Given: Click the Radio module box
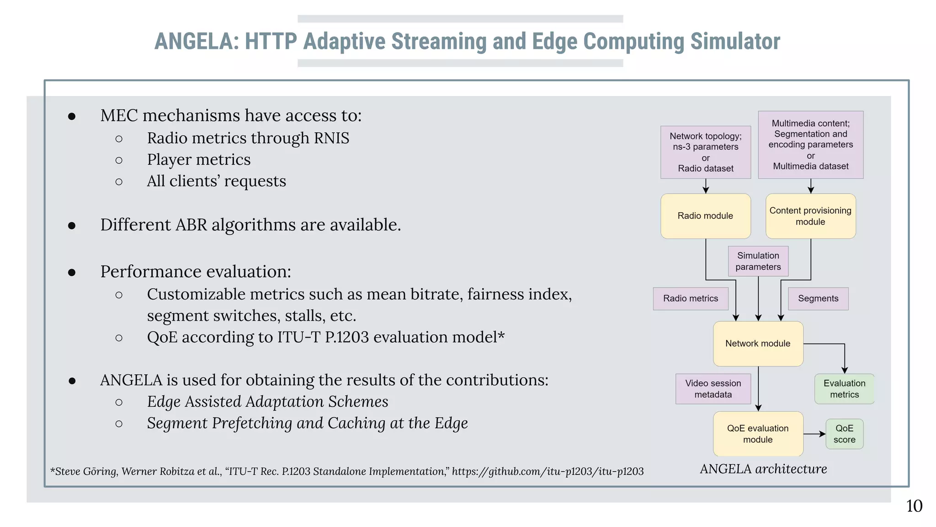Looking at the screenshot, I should (705, 216).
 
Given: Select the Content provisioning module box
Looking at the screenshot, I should (810, 216).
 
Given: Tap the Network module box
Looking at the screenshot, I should (758, 344).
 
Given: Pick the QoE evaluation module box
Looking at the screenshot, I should (758, 434).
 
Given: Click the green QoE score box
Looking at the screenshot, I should (844, 434).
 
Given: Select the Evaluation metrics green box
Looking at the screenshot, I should (844, 389).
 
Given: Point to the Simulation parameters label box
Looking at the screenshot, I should (758, 261).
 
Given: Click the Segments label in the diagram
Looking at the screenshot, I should (818, 299).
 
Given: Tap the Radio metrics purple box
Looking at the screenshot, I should (690, 299).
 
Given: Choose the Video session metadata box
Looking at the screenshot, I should (713, 389).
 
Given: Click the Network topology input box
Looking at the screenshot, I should (705, 152).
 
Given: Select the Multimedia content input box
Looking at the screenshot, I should (810, 145).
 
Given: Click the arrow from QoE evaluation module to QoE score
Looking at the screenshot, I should (814, 434).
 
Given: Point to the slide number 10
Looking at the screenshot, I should (914, 506).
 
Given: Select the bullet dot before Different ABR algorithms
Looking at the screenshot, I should (72, 226).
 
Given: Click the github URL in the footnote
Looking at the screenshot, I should (548, 471).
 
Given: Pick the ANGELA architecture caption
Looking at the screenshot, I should (763, 469).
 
